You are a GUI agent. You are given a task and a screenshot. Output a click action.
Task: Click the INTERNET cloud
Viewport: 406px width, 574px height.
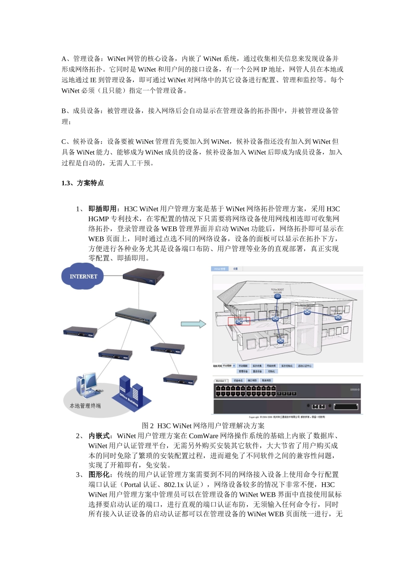[x=83, y=276]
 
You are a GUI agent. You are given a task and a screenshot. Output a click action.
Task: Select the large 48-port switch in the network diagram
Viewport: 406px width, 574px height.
[x=135, y=316]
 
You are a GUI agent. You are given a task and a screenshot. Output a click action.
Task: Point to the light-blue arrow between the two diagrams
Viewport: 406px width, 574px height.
[x=193, y=324]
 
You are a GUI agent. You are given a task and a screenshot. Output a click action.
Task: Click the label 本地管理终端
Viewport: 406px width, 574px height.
[x=85, y=406]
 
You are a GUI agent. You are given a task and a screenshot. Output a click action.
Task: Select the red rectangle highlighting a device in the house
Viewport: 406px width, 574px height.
[x=239, y=321]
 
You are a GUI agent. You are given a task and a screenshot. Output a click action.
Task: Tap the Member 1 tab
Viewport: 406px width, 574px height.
[x=221, y=381]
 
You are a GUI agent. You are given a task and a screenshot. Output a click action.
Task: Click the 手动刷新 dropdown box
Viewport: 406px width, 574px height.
[x=229, y=366]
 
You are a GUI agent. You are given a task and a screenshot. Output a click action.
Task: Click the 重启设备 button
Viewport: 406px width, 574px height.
[x=257, y=372]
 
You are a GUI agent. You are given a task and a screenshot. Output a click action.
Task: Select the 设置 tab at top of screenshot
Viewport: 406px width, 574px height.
[x=235, y=269]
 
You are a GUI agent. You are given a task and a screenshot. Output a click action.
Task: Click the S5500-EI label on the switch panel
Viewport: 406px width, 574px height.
[x=355, y=389]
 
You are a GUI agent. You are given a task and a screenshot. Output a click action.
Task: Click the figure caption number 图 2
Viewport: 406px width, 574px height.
[x=148, y=426]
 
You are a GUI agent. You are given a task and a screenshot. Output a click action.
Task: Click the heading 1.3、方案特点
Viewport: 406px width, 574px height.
[x=82, y=183]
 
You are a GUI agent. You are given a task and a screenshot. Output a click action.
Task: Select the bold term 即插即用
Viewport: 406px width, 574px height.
[x=103, y=209]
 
